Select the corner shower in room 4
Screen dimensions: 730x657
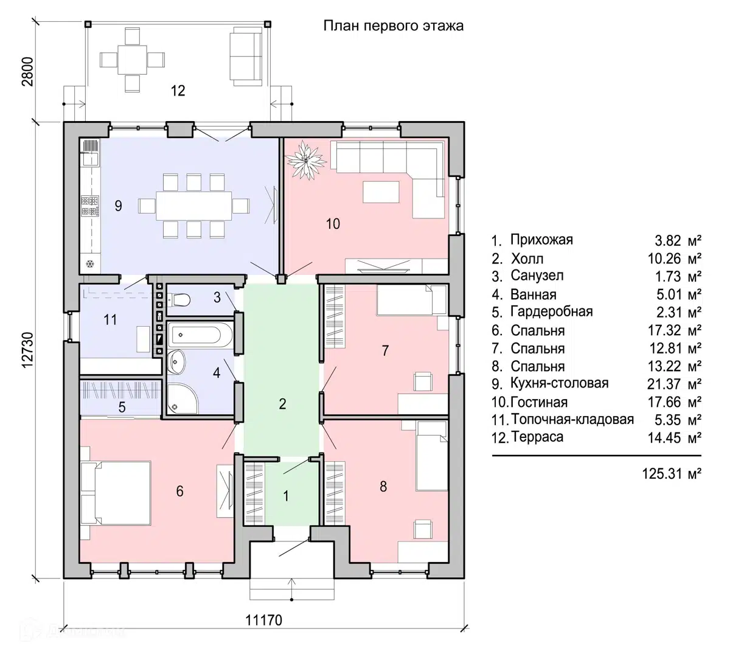(182, 398)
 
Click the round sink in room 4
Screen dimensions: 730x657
(177, 361)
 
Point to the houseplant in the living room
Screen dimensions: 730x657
(306, 161)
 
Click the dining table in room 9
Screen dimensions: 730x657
(194, 206)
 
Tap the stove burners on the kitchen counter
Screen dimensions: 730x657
(89, 206)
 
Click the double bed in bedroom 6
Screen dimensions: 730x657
(116, 493)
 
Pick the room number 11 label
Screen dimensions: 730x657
(110, 320)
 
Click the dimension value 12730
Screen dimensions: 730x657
(28, 350)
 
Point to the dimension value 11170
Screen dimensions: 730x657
(264, 620)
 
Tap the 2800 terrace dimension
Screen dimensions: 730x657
(28, 71)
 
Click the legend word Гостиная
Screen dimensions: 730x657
(539, 402)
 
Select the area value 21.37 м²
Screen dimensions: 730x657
(674, 384)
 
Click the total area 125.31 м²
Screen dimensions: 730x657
(672, 474)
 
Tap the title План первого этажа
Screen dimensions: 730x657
(394, 26)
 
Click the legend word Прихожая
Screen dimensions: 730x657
(541, 240)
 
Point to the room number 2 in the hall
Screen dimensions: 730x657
(282, 404)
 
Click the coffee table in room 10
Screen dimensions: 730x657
(381, 192)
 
